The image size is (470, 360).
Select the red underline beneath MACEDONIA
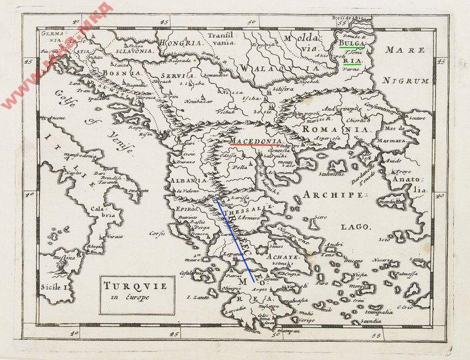coord(255,145)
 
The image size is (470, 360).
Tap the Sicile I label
coord(61,286)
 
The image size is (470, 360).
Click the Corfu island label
coord(155,232)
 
